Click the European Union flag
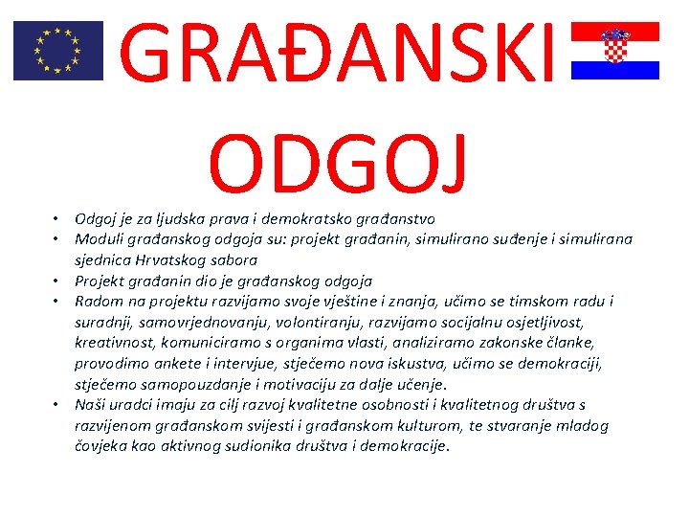coord(57,51)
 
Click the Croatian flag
coord(614,51)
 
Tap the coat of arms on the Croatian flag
coord(614,45)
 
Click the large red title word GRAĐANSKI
coord(340,56)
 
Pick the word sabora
coord(233,259)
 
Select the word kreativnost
coord(114,344)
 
